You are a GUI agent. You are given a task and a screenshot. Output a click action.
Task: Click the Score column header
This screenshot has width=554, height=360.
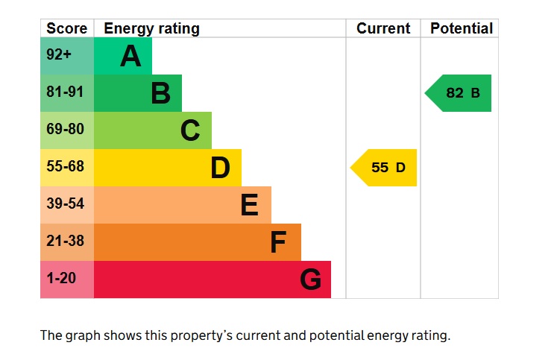tap(66, 28)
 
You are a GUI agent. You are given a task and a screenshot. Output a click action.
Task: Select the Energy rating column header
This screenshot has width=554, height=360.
tap(151, 28)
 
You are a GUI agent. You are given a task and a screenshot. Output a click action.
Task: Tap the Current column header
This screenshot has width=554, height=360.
tap(383, 28)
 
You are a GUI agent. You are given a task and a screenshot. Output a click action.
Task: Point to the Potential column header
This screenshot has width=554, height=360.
tap(462, 28)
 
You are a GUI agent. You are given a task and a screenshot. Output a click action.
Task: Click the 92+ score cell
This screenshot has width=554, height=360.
tap(67, 55)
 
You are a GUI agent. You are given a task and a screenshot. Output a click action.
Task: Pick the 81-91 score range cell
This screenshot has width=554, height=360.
tap(67, 92)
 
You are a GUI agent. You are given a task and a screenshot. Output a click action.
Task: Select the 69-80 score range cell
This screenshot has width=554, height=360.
tap(67, 130)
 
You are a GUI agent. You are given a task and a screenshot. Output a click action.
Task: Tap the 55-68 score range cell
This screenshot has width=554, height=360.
tap(67, 167)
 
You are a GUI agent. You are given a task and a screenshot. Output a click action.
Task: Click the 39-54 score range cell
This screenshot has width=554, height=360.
tap(67, 204)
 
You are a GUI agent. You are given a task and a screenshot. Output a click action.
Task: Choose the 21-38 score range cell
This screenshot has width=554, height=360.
tap(67, 241)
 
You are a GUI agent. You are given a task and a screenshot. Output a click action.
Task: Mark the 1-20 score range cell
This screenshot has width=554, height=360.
tap(67, 279)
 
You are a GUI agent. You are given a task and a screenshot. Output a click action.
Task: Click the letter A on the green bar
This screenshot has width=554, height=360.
tap(130, 56)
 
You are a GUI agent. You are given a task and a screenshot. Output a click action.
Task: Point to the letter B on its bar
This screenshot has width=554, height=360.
tap(160, 93)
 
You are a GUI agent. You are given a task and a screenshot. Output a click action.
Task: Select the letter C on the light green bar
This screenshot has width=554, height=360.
tap(190, 130)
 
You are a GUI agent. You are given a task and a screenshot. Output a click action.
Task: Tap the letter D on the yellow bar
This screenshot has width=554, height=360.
tap(220, 168)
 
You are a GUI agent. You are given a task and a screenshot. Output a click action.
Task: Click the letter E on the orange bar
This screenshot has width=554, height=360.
tap(250, 205)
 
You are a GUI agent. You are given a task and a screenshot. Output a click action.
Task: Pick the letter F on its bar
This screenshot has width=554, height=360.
tap(278, 242)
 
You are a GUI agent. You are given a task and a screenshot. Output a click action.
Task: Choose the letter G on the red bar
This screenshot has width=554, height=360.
tap(310, 280)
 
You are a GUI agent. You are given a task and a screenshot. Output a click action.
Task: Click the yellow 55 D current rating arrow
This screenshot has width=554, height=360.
tap(385, 168)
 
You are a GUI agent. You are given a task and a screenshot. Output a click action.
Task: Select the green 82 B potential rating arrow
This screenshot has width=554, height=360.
tap(460, 93)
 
